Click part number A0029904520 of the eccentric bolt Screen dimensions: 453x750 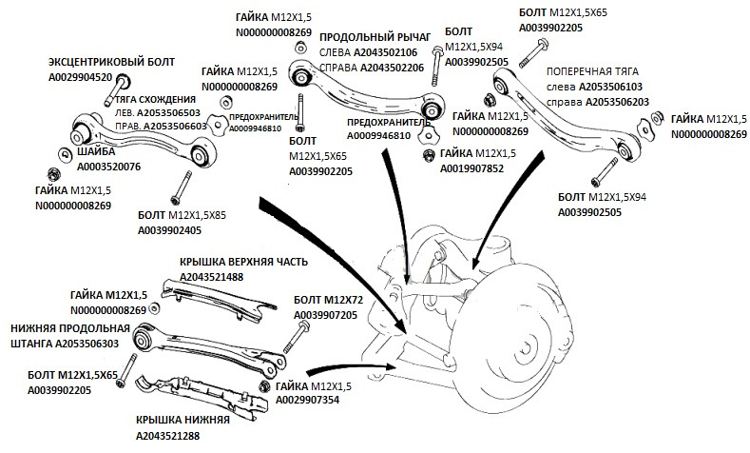(x=81, y=78)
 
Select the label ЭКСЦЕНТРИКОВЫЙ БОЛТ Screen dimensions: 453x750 (x=98, y=61)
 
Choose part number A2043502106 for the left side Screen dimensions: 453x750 (x=387, y=52)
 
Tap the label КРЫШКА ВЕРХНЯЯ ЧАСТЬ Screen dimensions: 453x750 (x=244, y=261)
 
